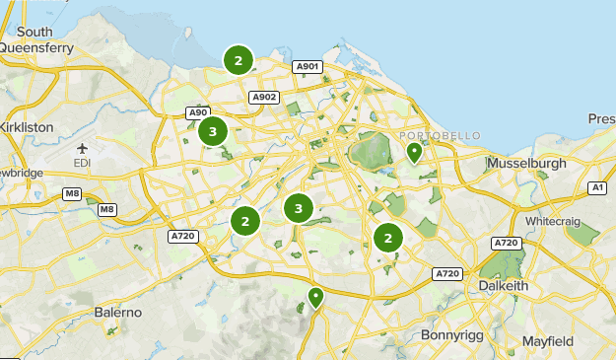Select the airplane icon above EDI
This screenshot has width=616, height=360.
pyautogui.click(x=81, y=149)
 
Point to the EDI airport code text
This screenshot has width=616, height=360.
pyautogui.click(x=82, y=162)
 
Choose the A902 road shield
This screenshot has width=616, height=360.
pyautogui.click(x=264, y=97)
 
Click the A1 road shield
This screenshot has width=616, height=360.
pyautogui.click(x=597, y=186)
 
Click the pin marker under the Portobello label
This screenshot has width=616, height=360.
pyautogui.click(x=415, y=152)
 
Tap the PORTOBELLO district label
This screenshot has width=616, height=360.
pyautogui.click(x=440, y=135)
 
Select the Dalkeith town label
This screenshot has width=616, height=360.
pyautogui.click(x=504, y=285)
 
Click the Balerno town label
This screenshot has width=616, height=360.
pyautogui.click(x=118, y=312)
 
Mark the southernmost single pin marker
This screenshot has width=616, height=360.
pyautogui.click(x=315, y=296)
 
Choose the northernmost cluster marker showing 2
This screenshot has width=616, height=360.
pyautogui.click(x=238, y=60)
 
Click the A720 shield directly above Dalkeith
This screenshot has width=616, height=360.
pyautogui.click(x=507, y=242)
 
